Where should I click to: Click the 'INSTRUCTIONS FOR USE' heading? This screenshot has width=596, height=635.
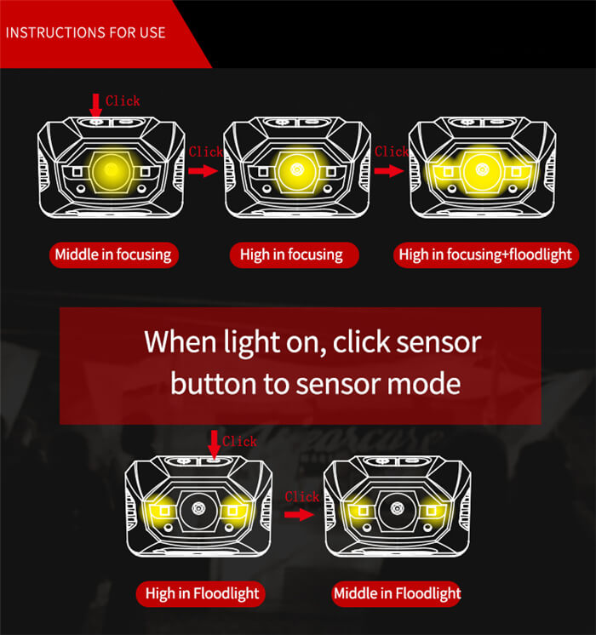click(x=86, y=33)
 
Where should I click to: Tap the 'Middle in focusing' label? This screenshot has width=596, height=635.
click(x=113, y=255)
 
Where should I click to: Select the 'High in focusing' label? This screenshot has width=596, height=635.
click(x=291, y=255)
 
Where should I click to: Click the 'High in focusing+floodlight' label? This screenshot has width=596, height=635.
click(x=484, y=255)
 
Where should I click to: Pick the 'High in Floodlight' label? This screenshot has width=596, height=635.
click(x=201, y=593)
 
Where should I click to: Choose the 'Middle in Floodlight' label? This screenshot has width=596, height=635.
click(x=396, y=593)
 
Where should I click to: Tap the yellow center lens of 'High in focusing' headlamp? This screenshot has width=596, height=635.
click(x=297, y=170)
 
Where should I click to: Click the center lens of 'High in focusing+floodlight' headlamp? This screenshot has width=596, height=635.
click(x=483, y=170)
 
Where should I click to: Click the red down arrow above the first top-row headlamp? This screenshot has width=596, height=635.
click(x=95, y=105)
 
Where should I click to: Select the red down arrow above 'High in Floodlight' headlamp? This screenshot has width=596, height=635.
click(x=214, y=443)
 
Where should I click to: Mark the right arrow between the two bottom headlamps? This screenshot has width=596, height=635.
click(x=299, y=514)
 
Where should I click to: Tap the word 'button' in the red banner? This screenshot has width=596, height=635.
click(x=212, y=383)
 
